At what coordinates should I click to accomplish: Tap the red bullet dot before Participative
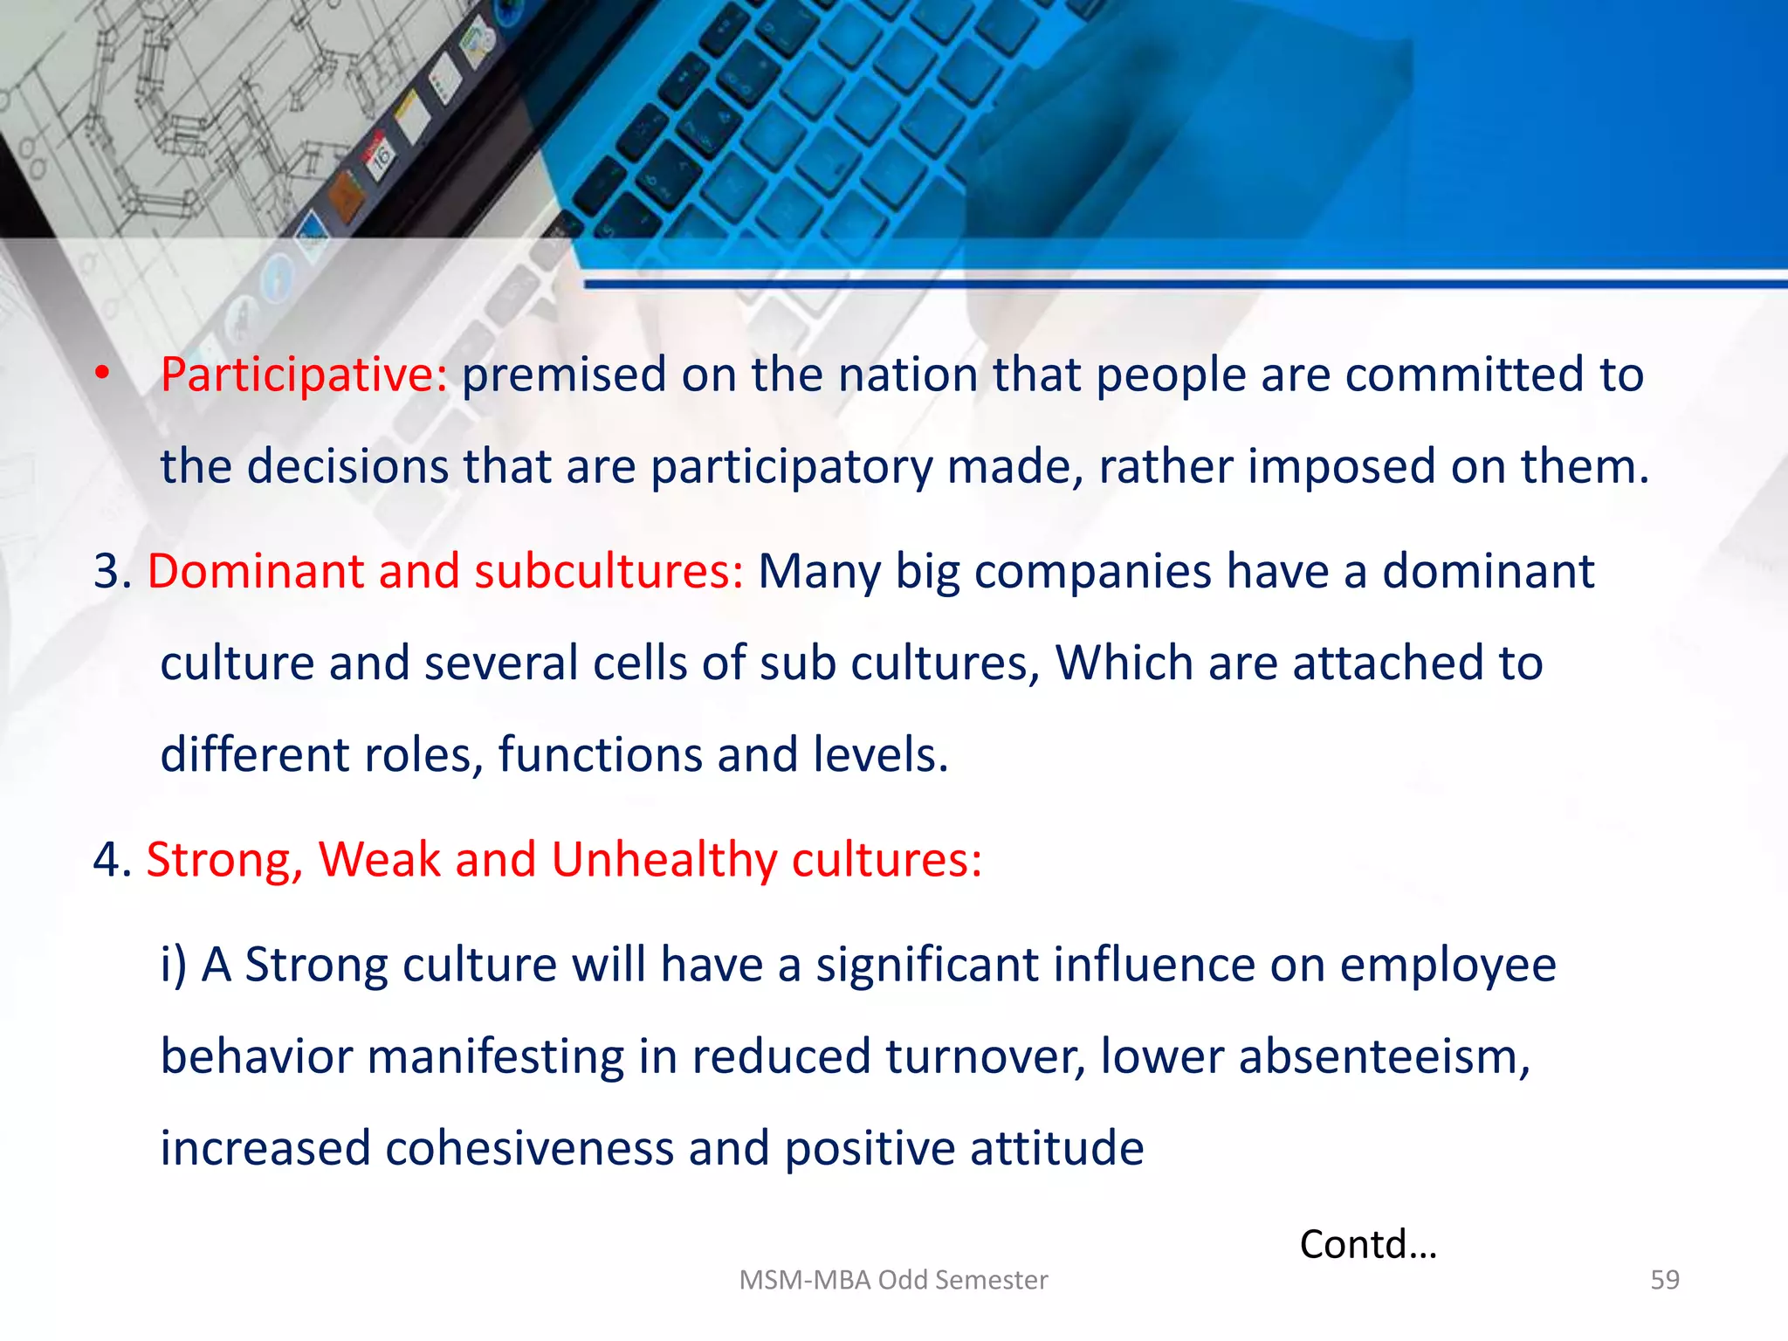tap(103, 374)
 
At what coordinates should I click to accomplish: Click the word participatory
tap(791, 467)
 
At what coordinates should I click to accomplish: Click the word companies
tap(1093, 572)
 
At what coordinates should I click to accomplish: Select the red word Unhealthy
tap(664, 860)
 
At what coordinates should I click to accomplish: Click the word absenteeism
tap(1384, 1057)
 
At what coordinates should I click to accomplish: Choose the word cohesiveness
tap(529, 1149)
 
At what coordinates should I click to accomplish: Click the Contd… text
tap(1367, 1245)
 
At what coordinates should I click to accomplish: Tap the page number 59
tap(1664, 1280)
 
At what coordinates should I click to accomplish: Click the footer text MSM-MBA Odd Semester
tap(893, 1280)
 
